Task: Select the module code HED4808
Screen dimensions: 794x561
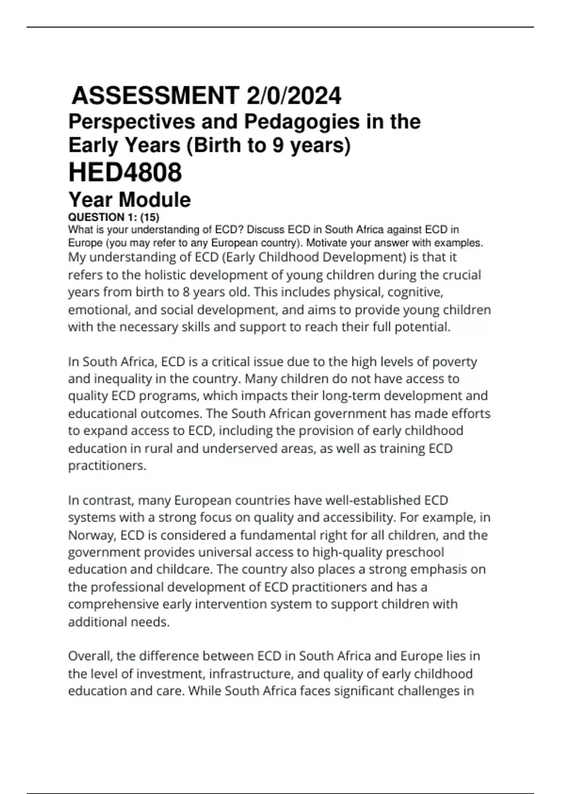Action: pos(125,172)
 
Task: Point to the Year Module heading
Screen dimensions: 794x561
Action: pos(129,200)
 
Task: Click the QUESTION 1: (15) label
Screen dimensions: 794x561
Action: pos(114,217)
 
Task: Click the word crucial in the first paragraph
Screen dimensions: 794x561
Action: pos(459,275)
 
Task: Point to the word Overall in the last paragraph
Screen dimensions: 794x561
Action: pos(90,656)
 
